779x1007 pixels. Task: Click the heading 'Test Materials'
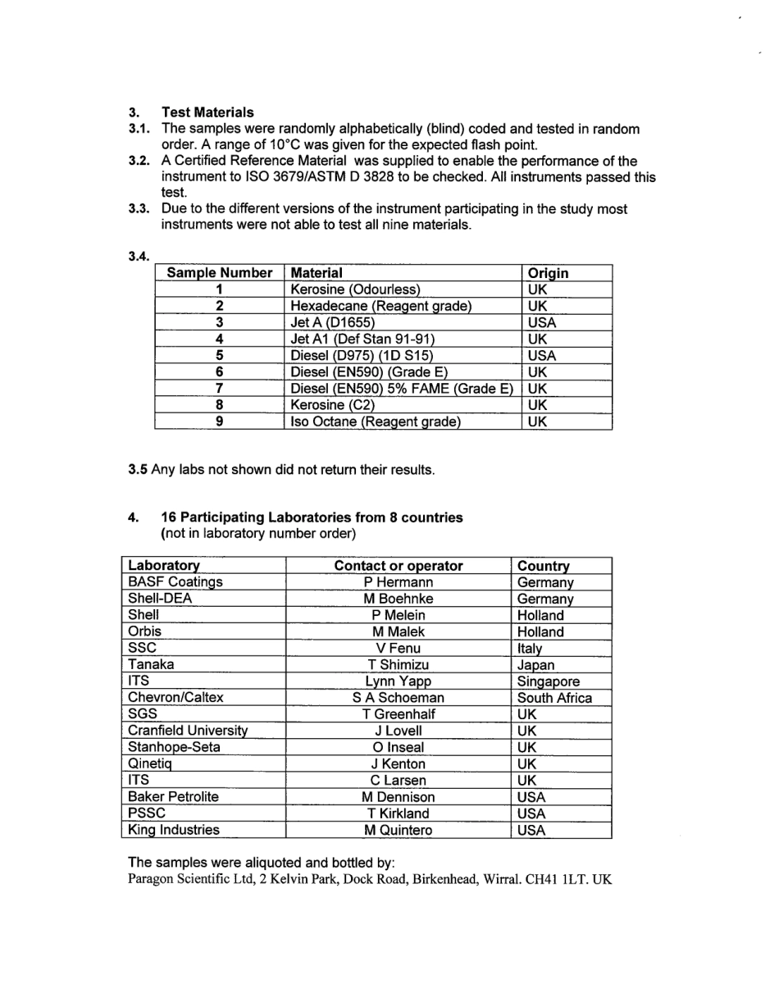[x=207, y=112]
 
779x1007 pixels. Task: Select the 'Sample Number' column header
[x=219, y=273]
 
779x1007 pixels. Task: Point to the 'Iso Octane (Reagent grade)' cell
[x=376, y=421]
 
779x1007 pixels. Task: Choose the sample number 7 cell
[x=219, y=389]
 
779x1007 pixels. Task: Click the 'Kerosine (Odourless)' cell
[x=355, y=289]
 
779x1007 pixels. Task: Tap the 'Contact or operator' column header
[x=399, y=566]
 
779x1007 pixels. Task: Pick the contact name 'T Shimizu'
[x=399, y=665]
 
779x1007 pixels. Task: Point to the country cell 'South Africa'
[x=554, y=698]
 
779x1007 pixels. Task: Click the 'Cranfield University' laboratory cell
[x=188, y=731]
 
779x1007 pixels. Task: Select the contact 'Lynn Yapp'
[x=399, y=681]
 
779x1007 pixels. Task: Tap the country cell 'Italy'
[x=530, y=649]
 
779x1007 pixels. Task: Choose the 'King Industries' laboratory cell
[x=174, y=830]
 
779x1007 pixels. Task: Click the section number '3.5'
[x=138, y=470]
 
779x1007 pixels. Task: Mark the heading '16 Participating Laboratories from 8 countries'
[x=312, y=517]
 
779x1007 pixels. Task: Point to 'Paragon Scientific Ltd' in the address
[x=188, y=880]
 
